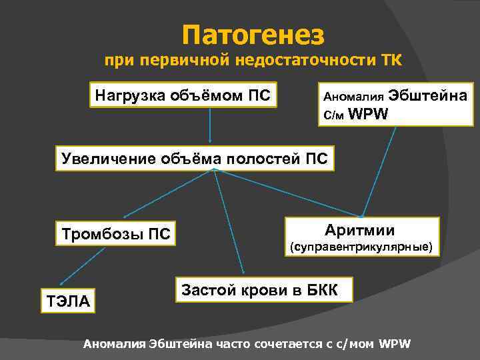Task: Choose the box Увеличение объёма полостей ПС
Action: (x=194, y=158)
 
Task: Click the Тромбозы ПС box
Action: (x=116, y=234)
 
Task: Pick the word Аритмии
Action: (x=360, y=231)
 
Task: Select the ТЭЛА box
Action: (x=68, y=301)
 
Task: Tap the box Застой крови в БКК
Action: (x=259, y=289)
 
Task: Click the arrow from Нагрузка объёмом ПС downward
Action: (x=211, y=127)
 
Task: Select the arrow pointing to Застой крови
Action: (x=230, y=223)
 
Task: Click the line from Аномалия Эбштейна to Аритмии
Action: (x=380, y=170)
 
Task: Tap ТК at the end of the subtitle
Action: (x=391, y=61)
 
